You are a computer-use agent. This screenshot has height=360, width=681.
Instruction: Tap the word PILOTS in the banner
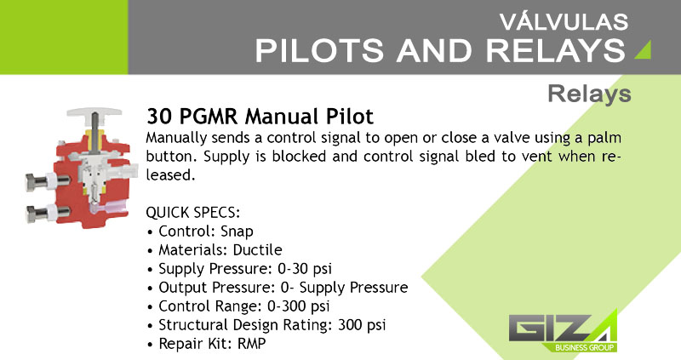pos(319,50)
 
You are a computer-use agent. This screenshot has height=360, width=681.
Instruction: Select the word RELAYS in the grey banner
pos(556,50)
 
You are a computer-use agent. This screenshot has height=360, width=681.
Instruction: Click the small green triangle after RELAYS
pos(643,49)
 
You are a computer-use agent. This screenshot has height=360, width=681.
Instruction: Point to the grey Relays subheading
pos(589,94)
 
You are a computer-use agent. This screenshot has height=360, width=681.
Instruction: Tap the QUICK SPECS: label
pos(193,213)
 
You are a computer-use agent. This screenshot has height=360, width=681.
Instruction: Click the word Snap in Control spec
pos(237,231)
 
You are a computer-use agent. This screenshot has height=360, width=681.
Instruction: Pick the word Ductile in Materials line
pos(258,249)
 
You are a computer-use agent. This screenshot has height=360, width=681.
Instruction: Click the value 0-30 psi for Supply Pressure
pos(305,269)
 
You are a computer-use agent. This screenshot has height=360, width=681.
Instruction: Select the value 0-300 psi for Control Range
pos(299,306)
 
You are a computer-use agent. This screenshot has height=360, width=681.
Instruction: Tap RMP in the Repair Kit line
pos(251,344)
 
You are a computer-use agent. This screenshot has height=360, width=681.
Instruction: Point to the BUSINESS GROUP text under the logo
pos(584,347)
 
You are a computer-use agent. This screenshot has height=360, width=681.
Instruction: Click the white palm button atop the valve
pos(94,111)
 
